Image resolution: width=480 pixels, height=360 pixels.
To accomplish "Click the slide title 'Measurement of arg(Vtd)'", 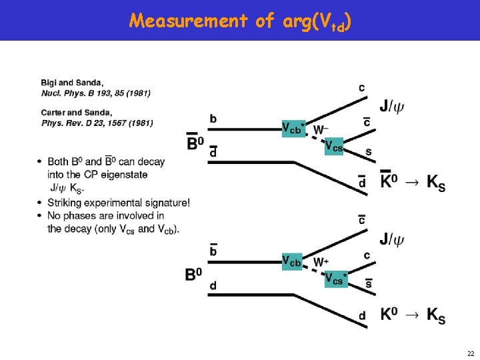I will (240, 21).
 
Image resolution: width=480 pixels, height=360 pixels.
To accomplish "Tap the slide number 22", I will (470, 353).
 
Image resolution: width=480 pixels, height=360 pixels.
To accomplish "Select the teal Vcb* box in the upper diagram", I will (293, 129).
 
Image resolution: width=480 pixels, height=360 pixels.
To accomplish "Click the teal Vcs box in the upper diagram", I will (333, 147).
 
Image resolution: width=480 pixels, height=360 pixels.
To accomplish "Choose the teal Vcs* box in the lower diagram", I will (336, 279).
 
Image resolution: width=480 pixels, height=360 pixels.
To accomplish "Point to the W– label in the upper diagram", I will (320, 129).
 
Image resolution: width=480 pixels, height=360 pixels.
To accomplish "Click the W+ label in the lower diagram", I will (320, 261).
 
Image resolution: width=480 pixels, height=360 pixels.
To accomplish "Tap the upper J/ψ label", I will (392, 105).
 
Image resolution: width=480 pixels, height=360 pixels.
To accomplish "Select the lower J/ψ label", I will (392, 238).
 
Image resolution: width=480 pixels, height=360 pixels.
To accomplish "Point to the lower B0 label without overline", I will (194, 273).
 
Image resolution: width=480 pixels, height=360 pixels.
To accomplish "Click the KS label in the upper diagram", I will (435, 182).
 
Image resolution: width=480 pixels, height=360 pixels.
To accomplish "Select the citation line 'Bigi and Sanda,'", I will (72, 83).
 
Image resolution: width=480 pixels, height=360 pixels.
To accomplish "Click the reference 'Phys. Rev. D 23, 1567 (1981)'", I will (97, 123).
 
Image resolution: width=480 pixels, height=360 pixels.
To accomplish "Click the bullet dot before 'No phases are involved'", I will (40, 216).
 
